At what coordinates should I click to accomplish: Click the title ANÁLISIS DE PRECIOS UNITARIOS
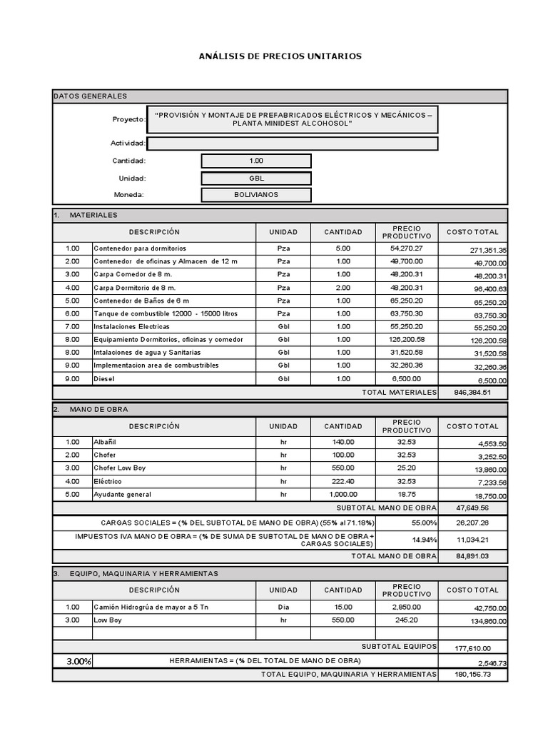pos(280,56)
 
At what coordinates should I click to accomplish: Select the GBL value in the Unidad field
pos(256,178)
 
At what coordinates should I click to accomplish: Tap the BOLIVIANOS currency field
pos(256,195)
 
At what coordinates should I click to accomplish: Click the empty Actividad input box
pos(292,143)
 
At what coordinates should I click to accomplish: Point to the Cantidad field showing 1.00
pos(256,161)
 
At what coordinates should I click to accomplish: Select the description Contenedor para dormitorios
pos(140,248)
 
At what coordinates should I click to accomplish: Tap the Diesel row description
pos(104,378)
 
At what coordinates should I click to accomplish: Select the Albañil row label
pos(104,443)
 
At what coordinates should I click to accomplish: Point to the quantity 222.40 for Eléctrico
pos(343,481)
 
